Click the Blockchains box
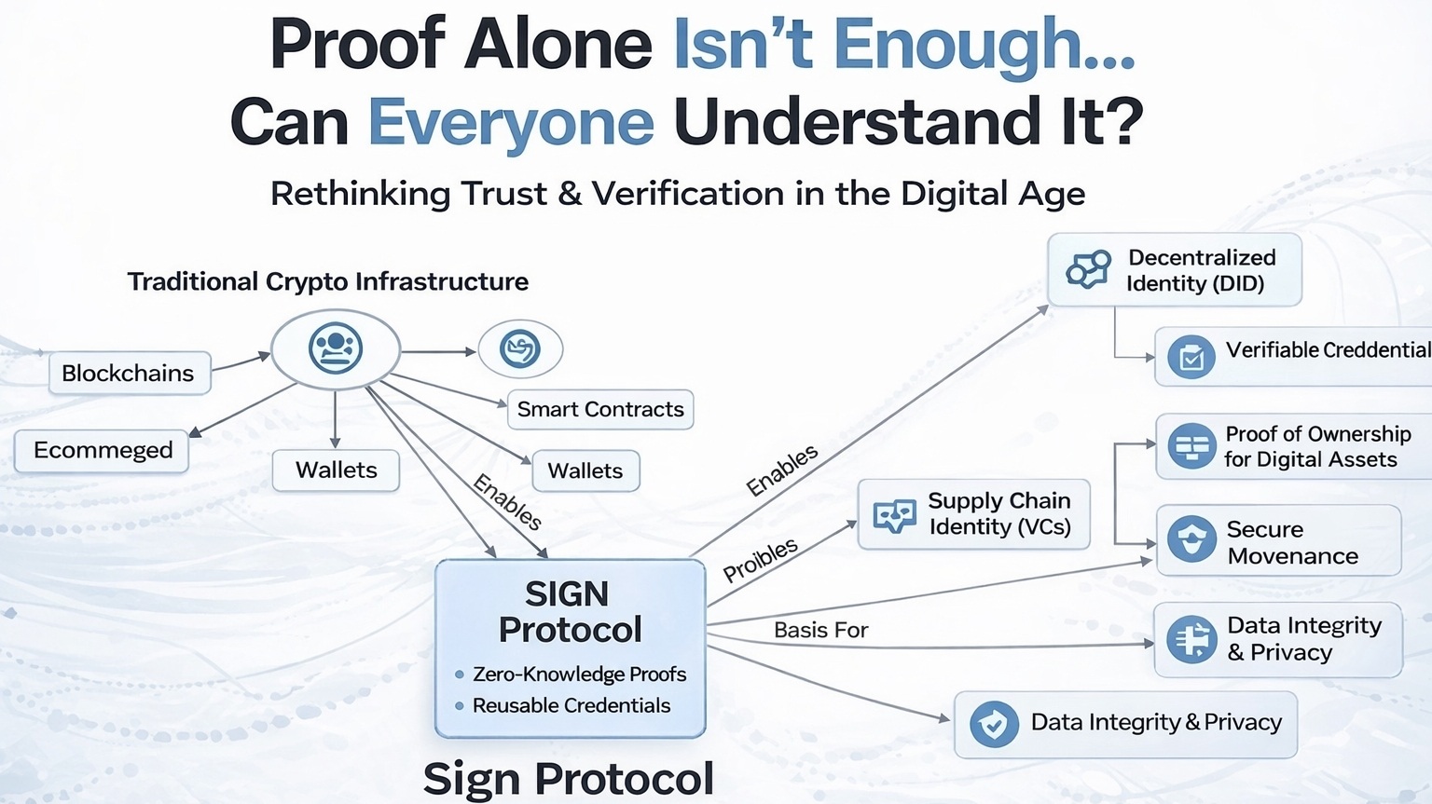[x=129, y=374]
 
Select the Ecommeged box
[x=102, y=451]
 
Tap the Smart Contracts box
[x=599, y=410]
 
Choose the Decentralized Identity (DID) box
[x=1174, y=270]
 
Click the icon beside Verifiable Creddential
[x=1191, y=357]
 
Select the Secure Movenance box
[x=1278, y=542]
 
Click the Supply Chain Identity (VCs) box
[x=973, y=514]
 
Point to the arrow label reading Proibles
[x=761, y=559]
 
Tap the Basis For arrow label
[x=820, y=631]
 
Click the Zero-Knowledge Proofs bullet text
[x=579, y=675]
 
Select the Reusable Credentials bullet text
[x=571, y=706]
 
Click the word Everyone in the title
[x=511, y=123]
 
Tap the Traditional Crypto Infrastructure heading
[x=327, y=281]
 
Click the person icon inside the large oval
[x=336, y=348]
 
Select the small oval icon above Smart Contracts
[x=520, y=349]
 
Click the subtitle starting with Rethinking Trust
[x=678, y=194]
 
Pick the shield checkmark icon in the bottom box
[x=994, y=724]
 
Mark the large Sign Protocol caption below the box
[x=569, y=779]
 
